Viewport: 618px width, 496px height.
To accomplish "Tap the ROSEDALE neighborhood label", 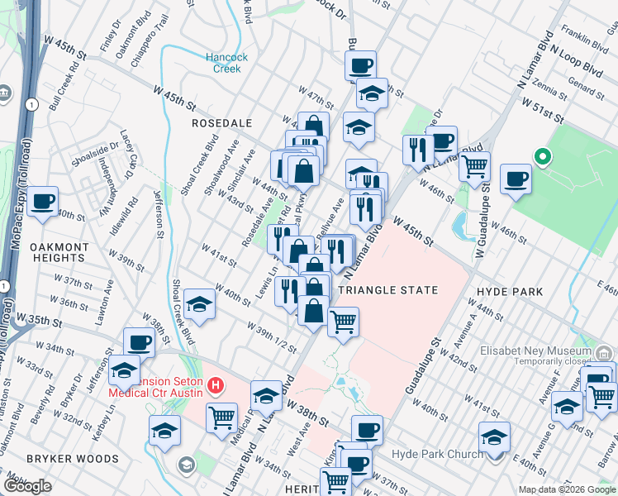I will pos(221,122).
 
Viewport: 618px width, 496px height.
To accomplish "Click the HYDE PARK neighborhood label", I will pos(510,292).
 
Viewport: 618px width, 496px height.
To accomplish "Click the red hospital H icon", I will pos(216,384).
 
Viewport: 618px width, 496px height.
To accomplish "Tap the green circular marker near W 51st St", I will pos(542,155).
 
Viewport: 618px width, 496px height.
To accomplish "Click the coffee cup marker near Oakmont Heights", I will pos(43,201).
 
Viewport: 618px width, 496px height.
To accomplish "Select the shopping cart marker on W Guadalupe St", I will pos(474,166).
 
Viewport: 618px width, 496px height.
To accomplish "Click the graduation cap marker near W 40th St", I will pos(199,305).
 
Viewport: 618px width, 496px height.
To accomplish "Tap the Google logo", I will pos(28,486).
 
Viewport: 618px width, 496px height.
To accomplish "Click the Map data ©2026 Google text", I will pos(566,489).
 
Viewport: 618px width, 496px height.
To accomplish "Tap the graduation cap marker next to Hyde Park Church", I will pos(494,437).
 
